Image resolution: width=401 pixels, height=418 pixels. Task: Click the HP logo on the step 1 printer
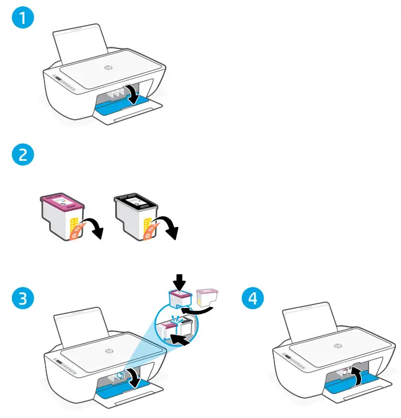[107, 67]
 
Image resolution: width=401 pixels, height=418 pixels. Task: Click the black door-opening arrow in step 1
[132, 94]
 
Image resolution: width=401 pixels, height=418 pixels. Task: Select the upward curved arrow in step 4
[356, 377]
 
